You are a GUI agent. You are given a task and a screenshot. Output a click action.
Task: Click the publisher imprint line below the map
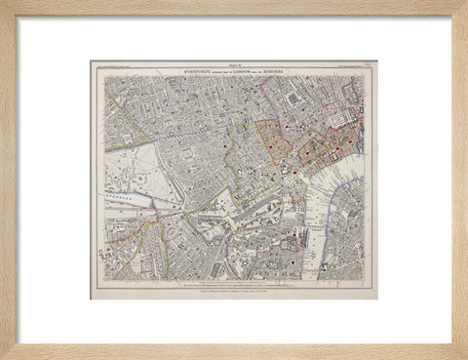(234, 288)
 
